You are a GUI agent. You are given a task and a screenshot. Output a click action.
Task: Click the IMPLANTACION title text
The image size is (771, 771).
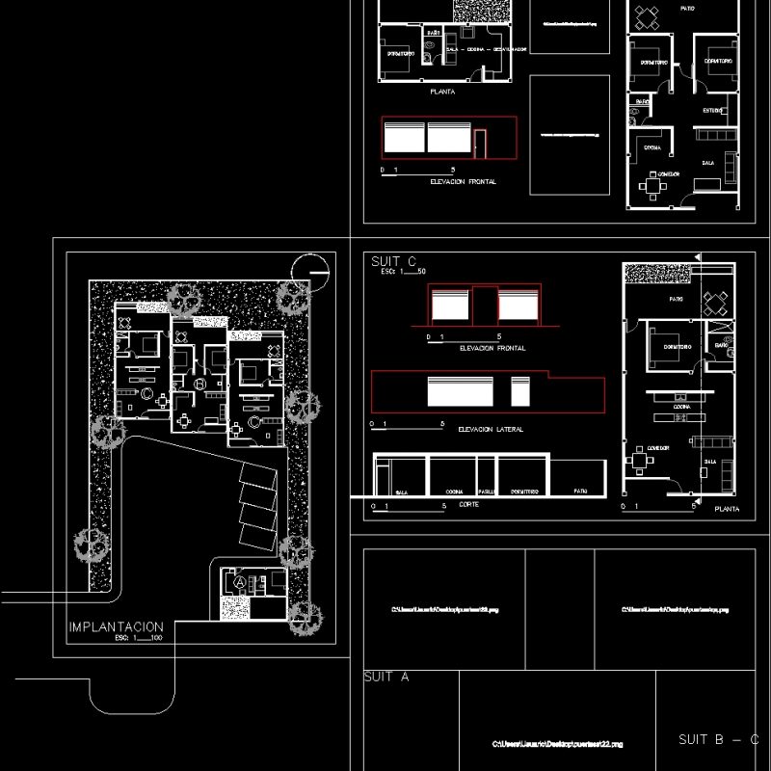[x=117, y=626]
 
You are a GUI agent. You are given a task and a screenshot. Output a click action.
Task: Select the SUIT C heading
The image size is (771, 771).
[x=393, y=261]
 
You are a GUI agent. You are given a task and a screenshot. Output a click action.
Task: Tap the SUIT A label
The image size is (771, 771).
[x=386, y=677]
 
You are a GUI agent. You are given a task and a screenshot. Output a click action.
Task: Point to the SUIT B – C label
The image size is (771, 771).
[x=718, y=739]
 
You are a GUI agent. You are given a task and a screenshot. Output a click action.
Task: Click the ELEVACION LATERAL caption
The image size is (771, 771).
[x=491, y=429]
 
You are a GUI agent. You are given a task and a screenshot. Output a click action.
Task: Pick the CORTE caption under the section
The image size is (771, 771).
[x=469, y=505]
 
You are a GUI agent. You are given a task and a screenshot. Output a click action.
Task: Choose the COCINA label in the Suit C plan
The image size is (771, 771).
[x=682, y=408]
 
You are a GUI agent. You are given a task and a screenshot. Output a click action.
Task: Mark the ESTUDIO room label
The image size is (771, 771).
[x=712, y=111]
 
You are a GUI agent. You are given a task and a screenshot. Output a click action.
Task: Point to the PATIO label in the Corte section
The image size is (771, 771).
[x=580, y=491]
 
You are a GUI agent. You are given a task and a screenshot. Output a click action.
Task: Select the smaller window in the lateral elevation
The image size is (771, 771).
[x=520, y=392]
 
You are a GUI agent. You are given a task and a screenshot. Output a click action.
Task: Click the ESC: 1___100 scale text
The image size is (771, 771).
[x=139, y=638]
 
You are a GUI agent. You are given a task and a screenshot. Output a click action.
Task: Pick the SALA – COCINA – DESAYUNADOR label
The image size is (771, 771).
[x=486, y=48]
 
